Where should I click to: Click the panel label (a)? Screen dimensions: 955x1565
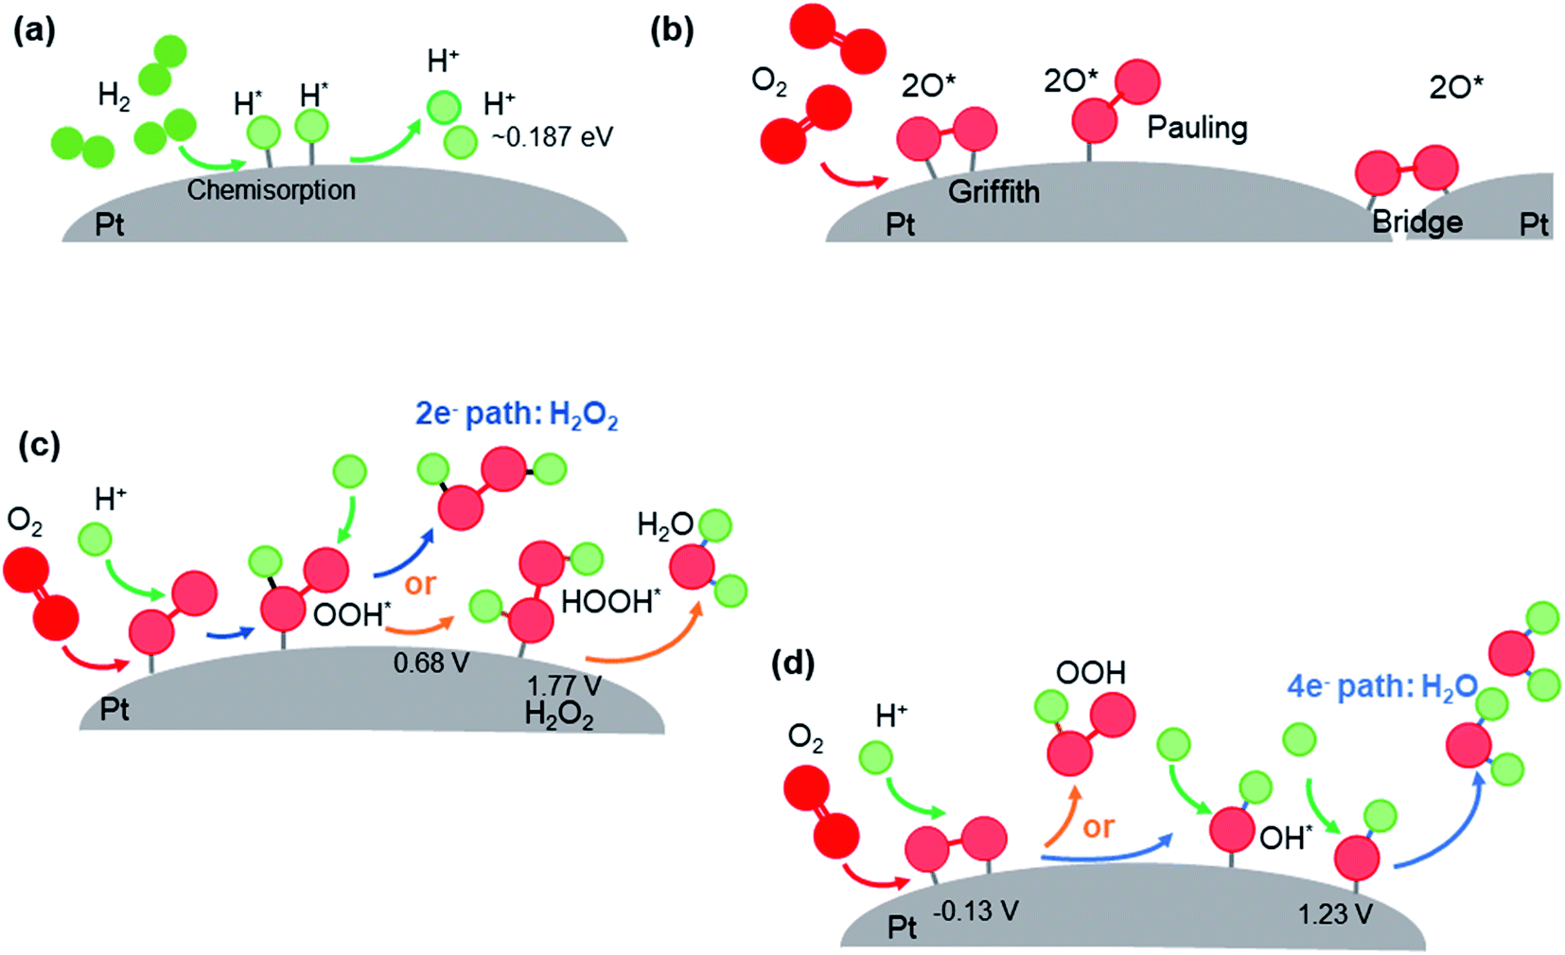(x=34, y=31)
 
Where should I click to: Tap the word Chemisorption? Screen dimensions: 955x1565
(x=271, y=190)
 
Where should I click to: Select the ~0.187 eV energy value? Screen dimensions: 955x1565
(x=552, y=137)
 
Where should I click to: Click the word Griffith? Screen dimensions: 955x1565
(x=994, y=192)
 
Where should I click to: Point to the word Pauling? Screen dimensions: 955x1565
(x=1197, y=127)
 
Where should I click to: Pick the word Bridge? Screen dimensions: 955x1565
(x=1416, y=222)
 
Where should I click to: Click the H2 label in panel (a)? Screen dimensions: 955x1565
(x=114, y=96)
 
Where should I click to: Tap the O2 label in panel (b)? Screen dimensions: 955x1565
(x=768, y=81)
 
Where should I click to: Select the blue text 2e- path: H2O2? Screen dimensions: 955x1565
(x=517, y=415)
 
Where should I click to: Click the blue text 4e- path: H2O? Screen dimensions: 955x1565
(x=1381, y=686)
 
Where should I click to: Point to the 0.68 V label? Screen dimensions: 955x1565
(x=431, y=663)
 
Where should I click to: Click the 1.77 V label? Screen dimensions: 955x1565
(x=563, y=685)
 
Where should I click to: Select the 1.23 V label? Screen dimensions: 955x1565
(x=1334, y=913)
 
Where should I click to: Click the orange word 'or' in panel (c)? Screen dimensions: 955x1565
(x=419, y=584)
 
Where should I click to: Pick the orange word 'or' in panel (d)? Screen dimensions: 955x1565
(x=1098, y=827)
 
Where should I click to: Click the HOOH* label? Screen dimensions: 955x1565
(x=610, y=601)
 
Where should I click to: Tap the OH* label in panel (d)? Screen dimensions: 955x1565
(x=1286, y=837)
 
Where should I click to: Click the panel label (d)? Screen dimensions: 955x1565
(x=792, y=663)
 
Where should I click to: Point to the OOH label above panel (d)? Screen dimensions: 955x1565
(x=1090, y=673)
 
